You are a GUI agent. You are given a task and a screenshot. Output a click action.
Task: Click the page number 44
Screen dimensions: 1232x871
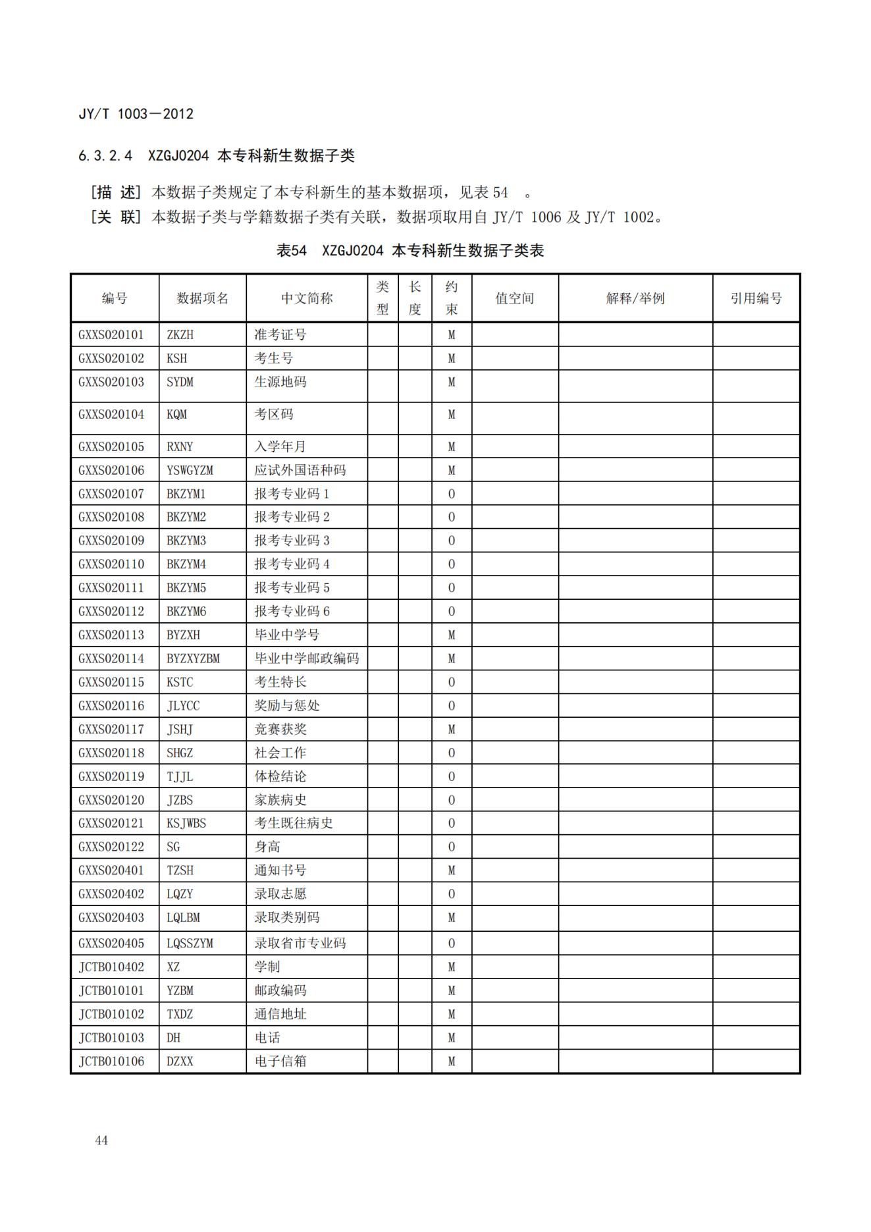point(101,1140)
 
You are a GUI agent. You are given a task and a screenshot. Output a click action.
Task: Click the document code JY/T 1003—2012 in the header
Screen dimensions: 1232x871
point(136,114)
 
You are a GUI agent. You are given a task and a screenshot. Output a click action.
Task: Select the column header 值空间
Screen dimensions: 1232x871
point(514,298)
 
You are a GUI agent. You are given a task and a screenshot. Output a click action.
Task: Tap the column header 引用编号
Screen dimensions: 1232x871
point(756,298)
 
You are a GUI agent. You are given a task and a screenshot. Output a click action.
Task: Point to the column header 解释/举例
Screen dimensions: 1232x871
point(635,298)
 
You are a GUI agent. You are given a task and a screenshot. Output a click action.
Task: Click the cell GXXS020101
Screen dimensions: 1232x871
point(111,335)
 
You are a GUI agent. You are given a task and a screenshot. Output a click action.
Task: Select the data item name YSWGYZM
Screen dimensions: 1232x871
point(190,470)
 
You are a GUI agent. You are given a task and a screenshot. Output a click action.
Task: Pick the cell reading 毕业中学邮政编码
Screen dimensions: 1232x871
point(307,658)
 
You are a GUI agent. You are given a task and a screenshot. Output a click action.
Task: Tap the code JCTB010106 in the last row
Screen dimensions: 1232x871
point(111,1061)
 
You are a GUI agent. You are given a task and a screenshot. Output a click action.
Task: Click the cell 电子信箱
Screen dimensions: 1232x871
point(280,1061)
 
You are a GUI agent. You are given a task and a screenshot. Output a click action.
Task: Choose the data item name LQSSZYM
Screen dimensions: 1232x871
point(190,943)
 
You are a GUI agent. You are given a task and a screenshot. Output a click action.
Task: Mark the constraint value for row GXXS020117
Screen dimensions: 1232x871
point(451,729)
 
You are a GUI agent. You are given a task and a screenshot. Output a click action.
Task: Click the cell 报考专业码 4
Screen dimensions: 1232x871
point(292,564)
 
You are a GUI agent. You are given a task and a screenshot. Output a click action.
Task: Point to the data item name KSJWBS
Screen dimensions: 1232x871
point(186,823)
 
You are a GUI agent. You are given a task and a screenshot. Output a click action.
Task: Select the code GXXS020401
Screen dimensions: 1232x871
point(111,870)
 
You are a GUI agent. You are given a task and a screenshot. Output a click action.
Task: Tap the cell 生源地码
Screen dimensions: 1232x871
point(280,382)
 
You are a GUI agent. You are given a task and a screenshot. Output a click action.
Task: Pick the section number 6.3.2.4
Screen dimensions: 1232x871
point(105,156)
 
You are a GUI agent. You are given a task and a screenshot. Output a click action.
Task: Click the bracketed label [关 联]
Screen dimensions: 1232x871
point(116,217)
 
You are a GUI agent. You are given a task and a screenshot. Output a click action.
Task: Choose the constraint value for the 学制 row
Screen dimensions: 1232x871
point(451,967)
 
